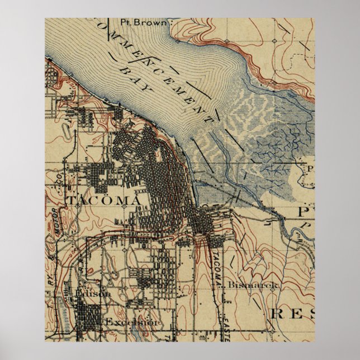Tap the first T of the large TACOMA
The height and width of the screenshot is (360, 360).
coord(72,200)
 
